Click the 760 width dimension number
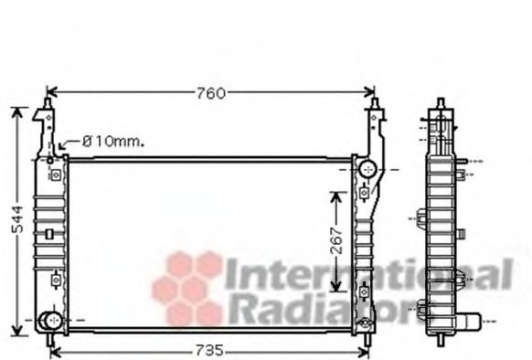click(210, 93)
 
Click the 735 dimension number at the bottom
click(209, 350)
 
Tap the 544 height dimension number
click(17, 219)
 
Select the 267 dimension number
click(336, 241)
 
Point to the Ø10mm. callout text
click(113, 142)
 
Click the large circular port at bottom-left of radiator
click(49, 321)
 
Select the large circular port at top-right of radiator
click(368, 169)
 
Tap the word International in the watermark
click(368, 273)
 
